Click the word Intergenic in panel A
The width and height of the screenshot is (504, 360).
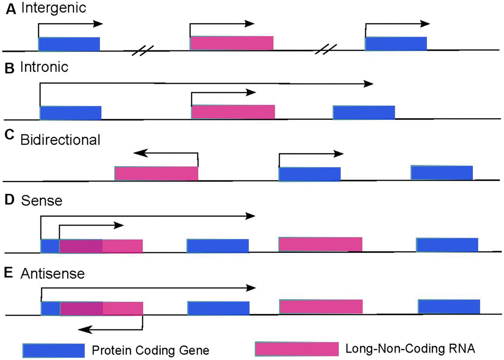45,8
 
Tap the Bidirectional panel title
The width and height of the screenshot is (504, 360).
60,139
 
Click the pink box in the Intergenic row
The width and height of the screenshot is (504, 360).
231,43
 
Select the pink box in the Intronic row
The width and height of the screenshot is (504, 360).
233,112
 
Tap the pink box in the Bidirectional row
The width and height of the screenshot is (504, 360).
156,174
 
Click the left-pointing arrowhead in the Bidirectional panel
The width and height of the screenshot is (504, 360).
137,153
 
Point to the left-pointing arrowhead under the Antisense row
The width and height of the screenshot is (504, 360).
84,327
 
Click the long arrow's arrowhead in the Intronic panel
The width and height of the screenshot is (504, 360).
368,84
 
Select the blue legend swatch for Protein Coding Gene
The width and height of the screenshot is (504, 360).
53,350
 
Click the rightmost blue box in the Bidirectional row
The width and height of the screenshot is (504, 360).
442,173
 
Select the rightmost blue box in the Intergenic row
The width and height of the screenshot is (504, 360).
396,44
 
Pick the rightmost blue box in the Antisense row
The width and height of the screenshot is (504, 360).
449,307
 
